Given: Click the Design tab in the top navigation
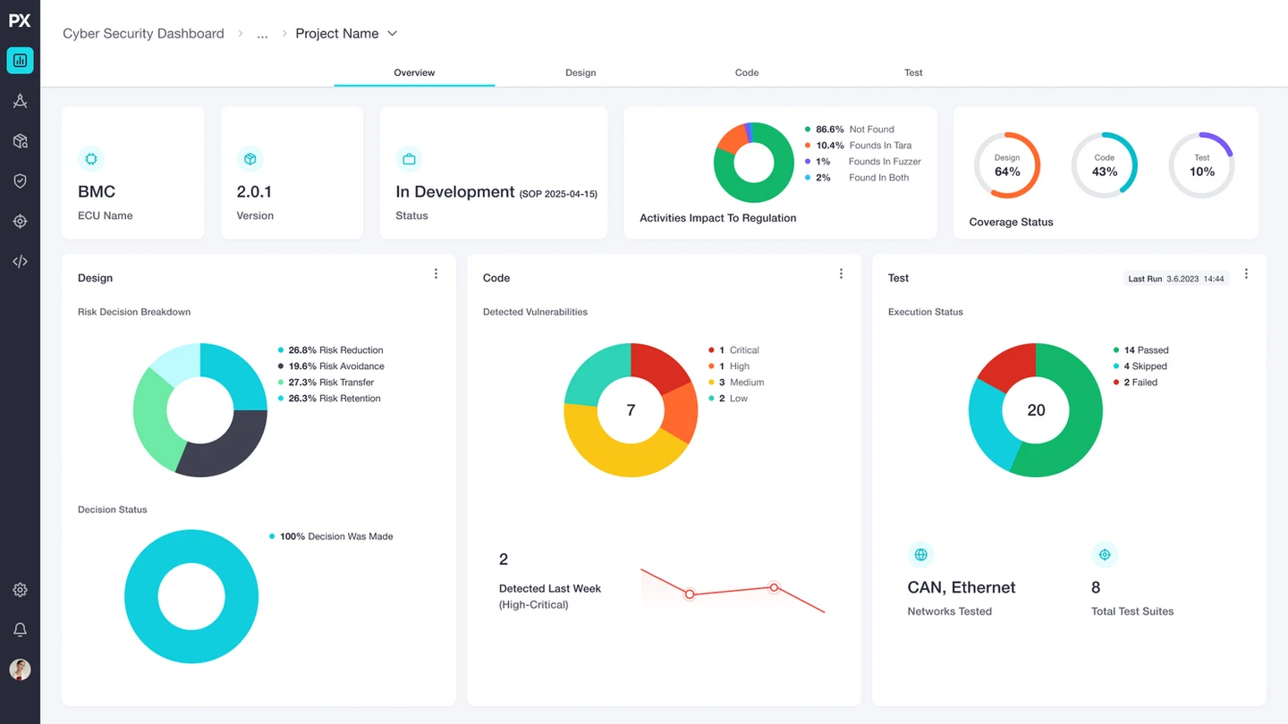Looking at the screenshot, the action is pos(580,72).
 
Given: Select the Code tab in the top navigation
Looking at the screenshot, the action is pos(746,72).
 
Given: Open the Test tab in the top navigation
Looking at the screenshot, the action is pos(913,72).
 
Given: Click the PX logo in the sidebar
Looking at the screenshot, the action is pos(20,21).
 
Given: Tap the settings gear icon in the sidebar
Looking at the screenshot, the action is pos(20,590).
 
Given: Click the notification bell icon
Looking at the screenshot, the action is pos(20,630).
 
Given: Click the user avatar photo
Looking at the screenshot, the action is pos(20,669).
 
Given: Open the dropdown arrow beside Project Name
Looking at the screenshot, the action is pos(392,33).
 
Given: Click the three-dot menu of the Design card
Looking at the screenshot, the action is pos(436,274).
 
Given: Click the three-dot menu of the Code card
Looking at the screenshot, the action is pos(841,274).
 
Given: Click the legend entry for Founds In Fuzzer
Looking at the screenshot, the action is pos(862,162).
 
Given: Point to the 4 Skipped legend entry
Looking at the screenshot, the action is pos(1140,366).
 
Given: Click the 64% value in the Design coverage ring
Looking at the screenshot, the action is pos(1007,172).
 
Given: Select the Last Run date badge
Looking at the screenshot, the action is pos(1176,279).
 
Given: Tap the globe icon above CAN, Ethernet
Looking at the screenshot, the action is pos(920,554).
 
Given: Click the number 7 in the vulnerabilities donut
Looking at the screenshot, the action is pos(631,410).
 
